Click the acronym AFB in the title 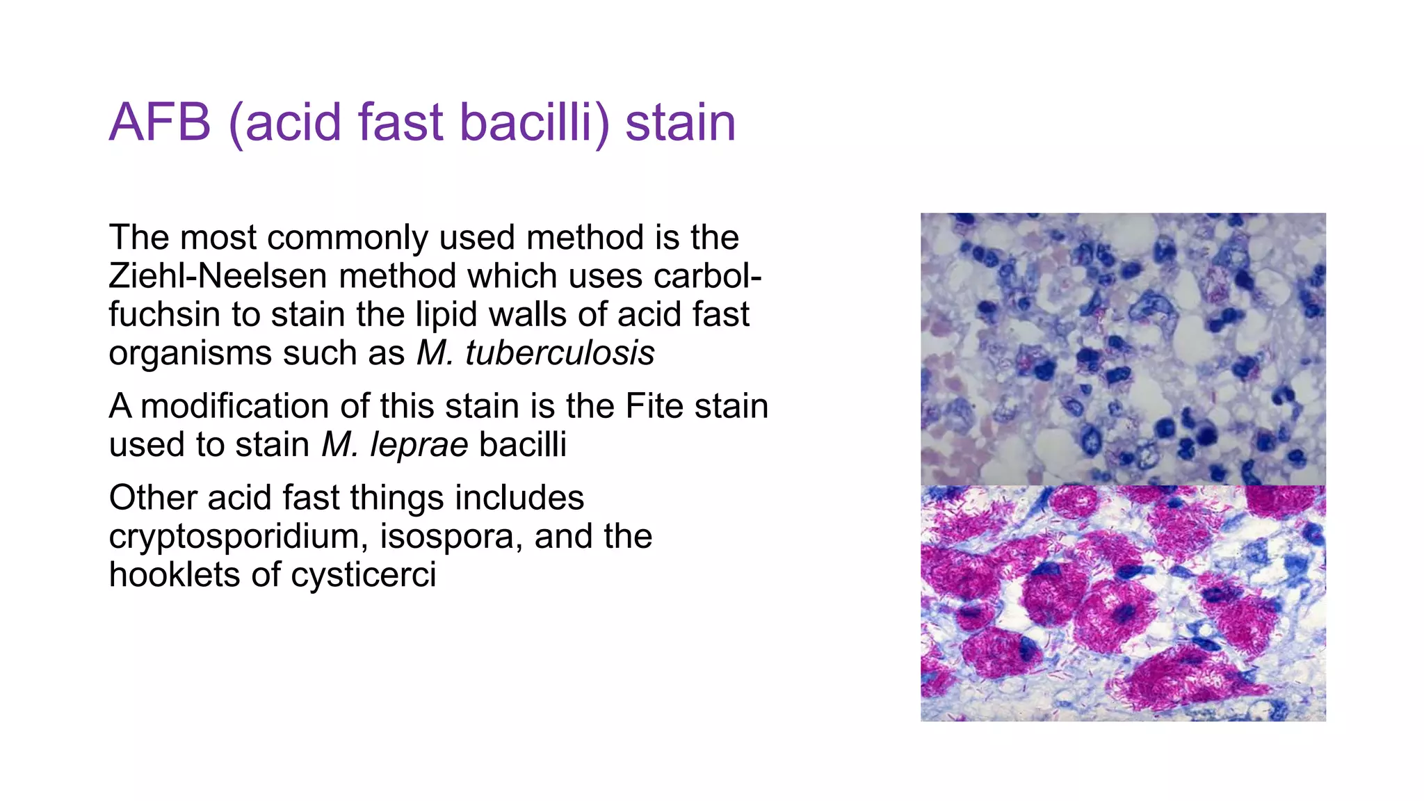point(160,123)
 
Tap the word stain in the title point(680,123)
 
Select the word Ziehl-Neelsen point(218,276)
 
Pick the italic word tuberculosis point(560,353)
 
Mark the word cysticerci point(363,575)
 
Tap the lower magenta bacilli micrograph point(1123,604)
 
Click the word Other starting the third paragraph point(152,498)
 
